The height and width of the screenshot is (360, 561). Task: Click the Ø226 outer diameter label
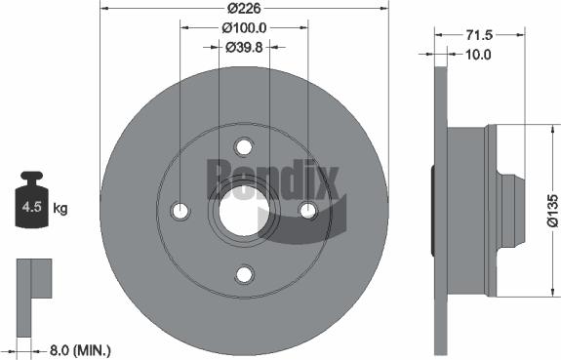click(x=244, y=10)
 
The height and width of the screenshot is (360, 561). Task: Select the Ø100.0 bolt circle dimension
click(x=244, y=28)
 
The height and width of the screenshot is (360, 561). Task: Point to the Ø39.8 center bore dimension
click(x=244, y=46)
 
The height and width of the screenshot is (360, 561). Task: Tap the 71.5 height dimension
click(x=477, y=34)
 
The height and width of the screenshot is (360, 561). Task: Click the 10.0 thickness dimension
click(x=477, y=56)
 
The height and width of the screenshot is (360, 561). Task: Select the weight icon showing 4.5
click(x=31, y=203)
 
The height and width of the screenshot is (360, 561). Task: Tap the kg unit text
click(x=60, y=209)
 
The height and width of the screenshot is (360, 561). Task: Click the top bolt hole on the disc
click(x=244, y=146)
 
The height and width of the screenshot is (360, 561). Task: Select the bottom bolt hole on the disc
click(x=244, y=275)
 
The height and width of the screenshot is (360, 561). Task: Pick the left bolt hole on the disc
click(x=180, y=211)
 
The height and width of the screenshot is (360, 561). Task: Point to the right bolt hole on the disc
click(x=308, y=211)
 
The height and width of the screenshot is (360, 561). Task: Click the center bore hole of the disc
click(x=244, y=211)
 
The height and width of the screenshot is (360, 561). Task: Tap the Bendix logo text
click(x=272, y=179)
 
